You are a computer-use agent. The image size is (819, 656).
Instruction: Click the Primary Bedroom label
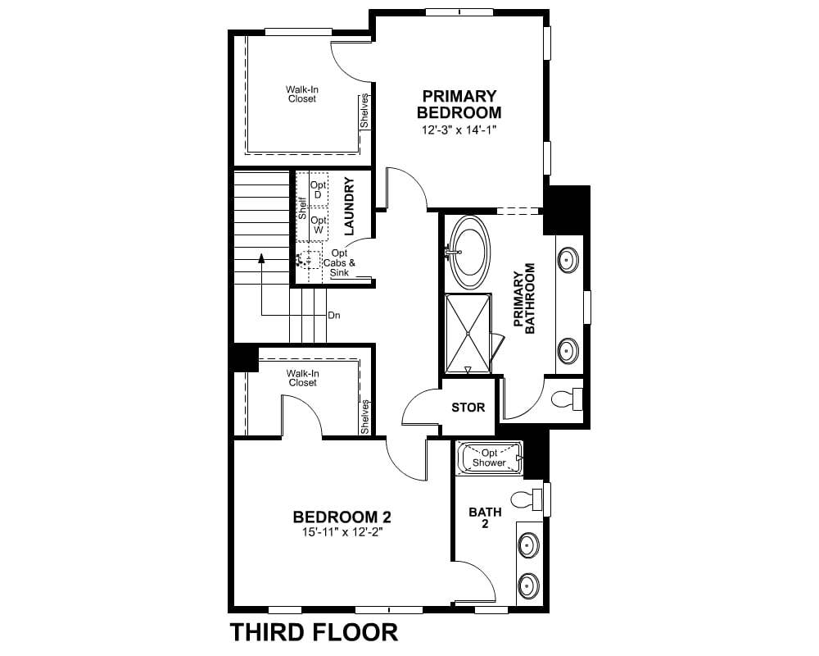coord(459,104)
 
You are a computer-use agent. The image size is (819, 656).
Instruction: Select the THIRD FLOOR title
coord(314,632)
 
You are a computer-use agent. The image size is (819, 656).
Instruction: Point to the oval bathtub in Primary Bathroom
coord(470,252)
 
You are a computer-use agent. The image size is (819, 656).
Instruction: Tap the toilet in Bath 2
coord(527,499)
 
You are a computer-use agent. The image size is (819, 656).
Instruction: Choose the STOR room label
coord(468,408)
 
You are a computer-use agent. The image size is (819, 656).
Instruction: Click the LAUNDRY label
coord(350,206)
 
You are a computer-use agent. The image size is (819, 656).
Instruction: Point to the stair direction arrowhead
coord(262,257)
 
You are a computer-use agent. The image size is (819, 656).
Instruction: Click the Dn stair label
coord(334,316)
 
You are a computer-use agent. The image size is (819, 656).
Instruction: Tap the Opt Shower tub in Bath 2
coord(490,458)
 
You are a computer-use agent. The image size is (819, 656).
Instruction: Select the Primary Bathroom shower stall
coord(468,334)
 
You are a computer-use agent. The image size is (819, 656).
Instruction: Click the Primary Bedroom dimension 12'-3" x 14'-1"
coord(458,130)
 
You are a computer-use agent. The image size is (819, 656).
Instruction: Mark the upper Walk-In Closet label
coord(302,94)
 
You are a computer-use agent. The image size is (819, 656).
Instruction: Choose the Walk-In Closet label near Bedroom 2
coord(302,378)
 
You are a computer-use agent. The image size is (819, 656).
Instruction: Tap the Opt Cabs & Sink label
coord(340,263)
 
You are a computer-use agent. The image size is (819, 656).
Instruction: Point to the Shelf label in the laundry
coord(302,207)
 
